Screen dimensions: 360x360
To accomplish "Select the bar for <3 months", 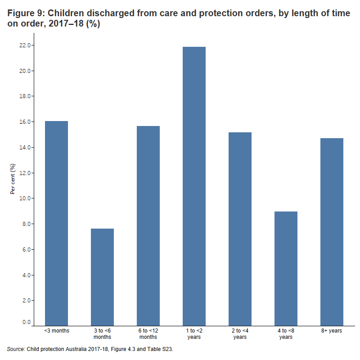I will (56, 223).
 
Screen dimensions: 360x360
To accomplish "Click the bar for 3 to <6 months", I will (102, 277).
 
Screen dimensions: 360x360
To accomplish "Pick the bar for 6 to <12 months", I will (148, 225).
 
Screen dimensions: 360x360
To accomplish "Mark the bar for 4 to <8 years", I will (286, 268).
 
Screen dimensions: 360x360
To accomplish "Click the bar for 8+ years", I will (332, 231).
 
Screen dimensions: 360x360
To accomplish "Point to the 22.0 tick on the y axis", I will (24, 45).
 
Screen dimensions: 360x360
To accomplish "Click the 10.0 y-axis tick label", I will (24, 198).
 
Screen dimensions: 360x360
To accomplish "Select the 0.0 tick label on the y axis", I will (26, 322).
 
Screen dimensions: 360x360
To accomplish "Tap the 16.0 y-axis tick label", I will (24, 122).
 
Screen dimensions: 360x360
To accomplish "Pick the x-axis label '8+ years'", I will (332, 331).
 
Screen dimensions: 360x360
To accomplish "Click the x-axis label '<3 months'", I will (56, 331).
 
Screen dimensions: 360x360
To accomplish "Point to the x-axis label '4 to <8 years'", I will (286, 333).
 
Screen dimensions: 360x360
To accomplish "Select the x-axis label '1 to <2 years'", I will (194, 333).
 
